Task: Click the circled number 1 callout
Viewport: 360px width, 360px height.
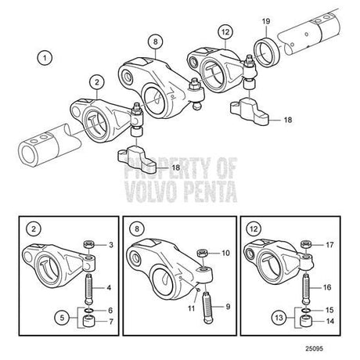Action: click(x=45, y=58)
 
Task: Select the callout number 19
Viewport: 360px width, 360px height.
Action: click(x=266, y=22)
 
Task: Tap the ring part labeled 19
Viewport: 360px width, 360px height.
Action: click(x=267, y=52)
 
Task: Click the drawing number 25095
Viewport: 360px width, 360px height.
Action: click(x=315, y=348)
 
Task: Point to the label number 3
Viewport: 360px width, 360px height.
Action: click(x=111, y=245)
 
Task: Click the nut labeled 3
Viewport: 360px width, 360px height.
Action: click(x=88, y=245)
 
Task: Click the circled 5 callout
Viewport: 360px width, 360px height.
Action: click(x=62, y=318)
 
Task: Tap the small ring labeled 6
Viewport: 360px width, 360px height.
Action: click(x=88, y=311)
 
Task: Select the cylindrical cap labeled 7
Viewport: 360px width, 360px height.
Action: click(x=88, y=322)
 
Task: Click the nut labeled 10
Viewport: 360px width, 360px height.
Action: click(x=202, y=253)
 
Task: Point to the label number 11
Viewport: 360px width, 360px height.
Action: click(x=192, y=308)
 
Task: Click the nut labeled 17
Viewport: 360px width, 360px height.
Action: click(x=306, y=245)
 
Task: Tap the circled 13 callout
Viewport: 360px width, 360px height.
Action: click(x=279, y=318)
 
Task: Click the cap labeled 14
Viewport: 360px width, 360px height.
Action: click(x=305, y=322)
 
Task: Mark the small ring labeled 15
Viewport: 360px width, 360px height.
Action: click(x=305, y=311)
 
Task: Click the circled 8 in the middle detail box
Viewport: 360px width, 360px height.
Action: click(x=137, y=229)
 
